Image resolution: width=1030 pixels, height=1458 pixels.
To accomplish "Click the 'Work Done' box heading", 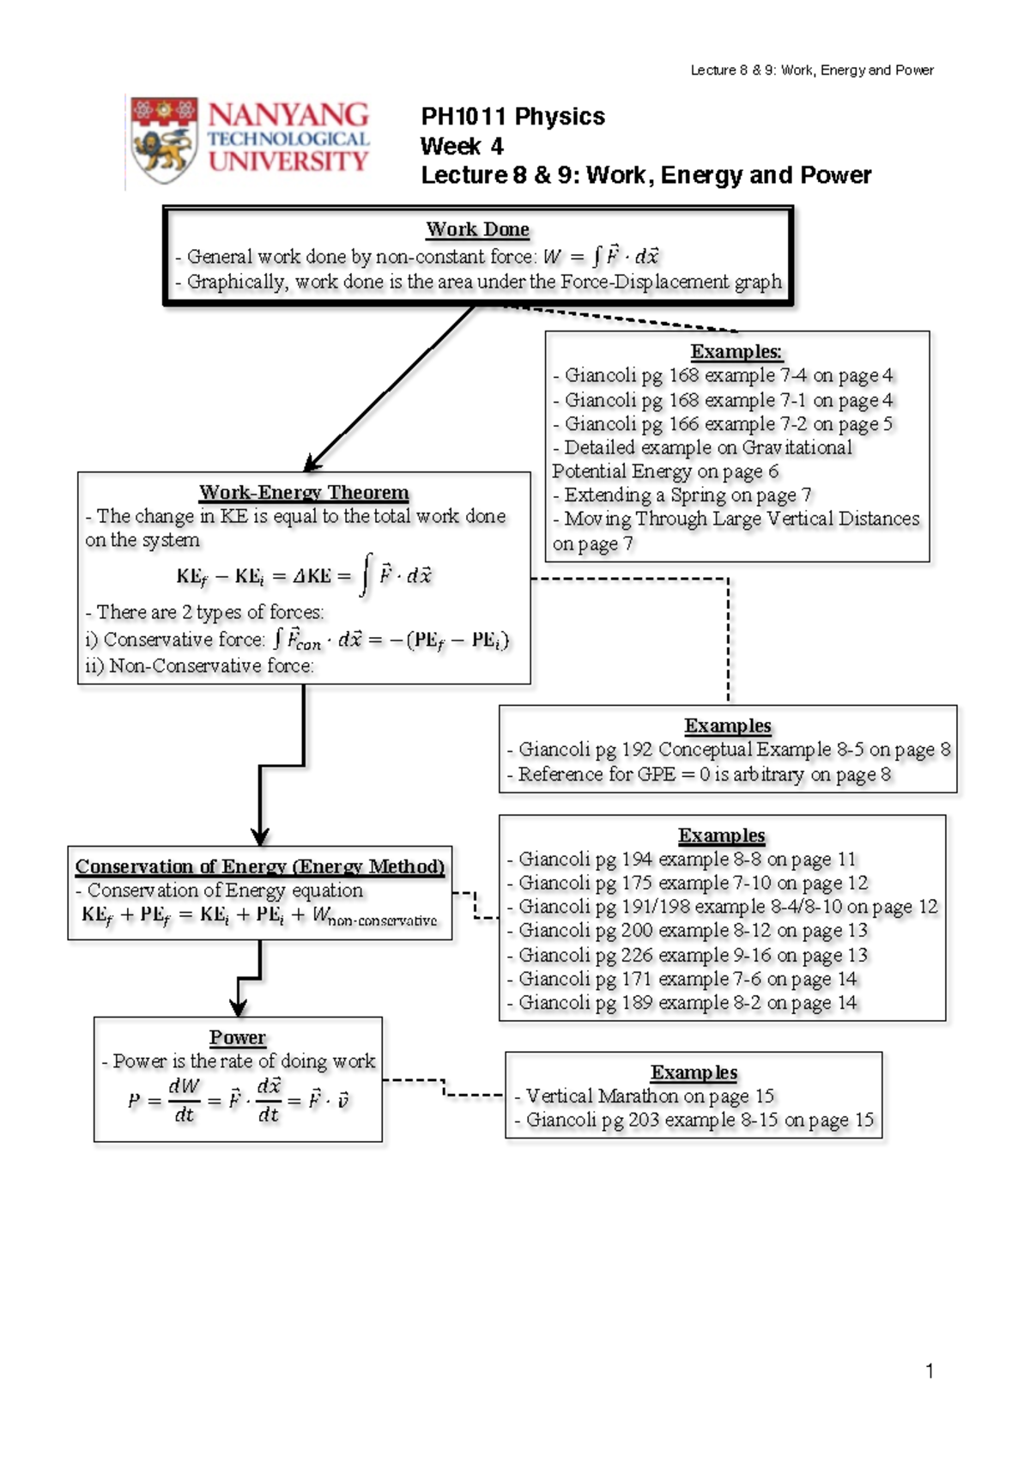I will pyautogui.click(x=477, y=229).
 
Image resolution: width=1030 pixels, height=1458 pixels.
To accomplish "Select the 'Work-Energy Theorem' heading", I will pyautogui.click(x=304, y=492).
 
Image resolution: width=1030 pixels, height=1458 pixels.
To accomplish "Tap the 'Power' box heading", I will pyautogui.click(x=238, y=1037).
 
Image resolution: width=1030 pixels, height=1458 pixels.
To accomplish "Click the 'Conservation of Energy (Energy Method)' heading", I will pyautogui.click(x=260, y=866).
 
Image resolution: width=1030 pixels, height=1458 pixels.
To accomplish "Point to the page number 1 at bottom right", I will pyautogui.click(x=930, y=1370).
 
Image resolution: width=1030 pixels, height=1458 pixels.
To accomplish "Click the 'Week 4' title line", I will pyautogui.click(x=462, y=146).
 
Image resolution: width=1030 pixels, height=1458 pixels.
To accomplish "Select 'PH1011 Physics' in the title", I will pyautogui.click(x=512, y=117).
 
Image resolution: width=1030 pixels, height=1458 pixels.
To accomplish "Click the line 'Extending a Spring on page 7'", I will pyautogui.click(x=687, y=495).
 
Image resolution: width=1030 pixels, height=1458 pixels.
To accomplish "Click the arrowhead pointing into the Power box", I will pyautogui.click(x=239, y=1008).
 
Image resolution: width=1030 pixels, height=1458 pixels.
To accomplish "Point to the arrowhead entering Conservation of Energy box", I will pyautogui.click(x=260, y=836).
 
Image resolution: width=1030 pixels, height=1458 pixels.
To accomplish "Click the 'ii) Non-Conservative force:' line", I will pyautogui.click(x=200, y=665).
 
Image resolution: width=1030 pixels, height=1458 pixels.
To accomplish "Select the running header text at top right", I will pyautogui.click(x=812, y=70).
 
